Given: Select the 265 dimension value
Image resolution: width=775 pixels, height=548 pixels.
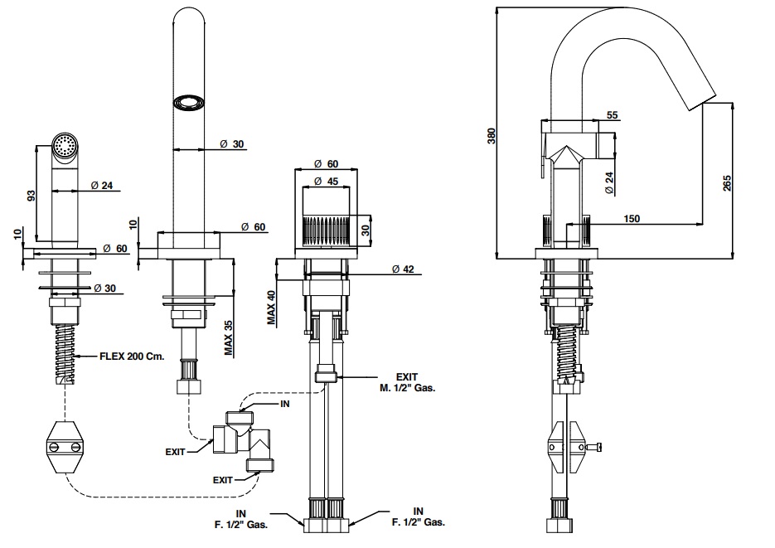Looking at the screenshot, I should (726, 182).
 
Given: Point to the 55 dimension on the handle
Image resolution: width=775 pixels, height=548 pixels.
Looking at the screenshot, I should (612, 115).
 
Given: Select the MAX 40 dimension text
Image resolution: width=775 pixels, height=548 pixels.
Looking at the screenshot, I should (270, 307).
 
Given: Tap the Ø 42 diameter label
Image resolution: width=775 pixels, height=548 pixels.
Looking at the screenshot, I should (403, 269).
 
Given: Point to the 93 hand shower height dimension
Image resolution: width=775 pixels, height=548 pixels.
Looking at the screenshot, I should (31, 196).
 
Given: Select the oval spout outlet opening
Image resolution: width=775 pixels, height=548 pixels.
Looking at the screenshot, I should (188, 102).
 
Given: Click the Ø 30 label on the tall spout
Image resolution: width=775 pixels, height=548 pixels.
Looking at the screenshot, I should (232, 144).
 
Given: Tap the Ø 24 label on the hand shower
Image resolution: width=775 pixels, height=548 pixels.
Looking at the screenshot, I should (101, 186).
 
